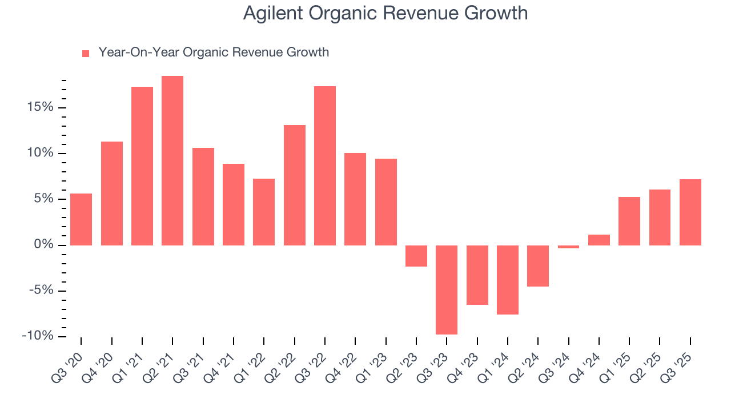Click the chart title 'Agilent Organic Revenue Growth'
click(385, 13)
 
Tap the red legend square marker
click(86, 54)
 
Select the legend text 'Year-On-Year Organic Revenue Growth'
click(214, 53)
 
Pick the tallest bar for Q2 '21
click(172, 160)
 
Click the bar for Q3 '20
click(81, 219)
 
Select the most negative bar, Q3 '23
click(447, 289)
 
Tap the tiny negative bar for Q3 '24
click(568, 247)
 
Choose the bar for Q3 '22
click(325, 166)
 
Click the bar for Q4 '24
click(599, 240)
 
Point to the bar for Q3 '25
click(690, 212)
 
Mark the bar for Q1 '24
click(508, 280)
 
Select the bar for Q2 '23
click(416, 256)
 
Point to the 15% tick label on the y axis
click(39, 107)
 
